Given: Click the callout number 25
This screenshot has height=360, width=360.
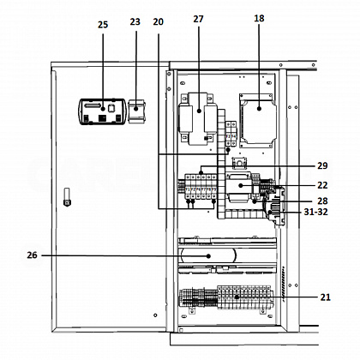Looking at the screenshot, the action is click(103, 25).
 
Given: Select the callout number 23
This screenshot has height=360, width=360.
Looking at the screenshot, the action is click(135, 21).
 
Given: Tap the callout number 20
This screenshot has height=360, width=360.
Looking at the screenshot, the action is click(158, 21).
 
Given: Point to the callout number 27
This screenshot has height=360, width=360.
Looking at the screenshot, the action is click(198, 19).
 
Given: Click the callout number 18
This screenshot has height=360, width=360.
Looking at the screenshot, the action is click(259, 18).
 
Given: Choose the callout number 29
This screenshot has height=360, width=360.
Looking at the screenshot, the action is click(322, 165).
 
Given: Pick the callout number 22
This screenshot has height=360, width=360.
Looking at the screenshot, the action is click(322, 185).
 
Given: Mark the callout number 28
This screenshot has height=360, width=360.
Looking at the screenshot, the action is click(322, 201).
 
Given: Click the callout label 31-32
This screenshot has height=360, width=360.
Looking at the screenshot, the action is click(315, 212).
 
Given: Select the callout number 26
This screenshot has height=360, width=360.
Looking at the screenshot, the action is click(32, 255).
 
